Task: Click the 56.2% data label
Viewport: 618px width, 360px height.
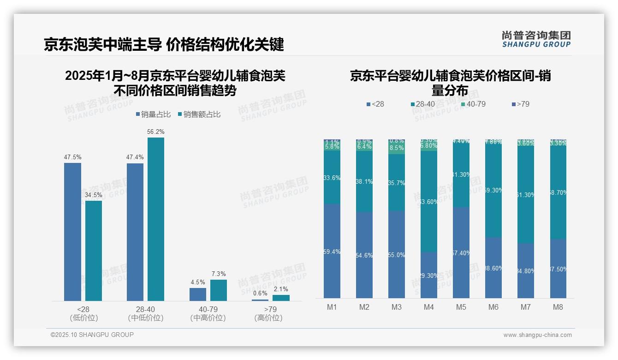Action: (156, 132)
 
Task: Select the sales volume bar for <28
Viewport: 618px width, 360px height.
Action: (72, 231)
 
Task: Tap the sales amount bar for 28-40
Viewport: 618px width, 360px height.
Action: (156, 219)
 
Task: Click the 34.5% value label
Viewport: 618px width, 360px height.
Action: (94, 195)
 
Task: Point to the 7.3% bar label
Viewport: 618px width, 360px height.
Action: (219, 274)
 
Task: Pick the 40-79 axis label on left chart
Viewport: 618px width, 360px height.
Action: (208, 309)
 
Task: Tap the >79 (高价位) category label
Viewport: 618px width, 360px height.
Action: (270, 313)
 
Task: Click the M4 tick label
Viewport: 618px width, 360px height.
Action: (428, 307)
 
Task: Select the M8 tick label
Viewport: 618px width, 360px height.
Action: (558, 307)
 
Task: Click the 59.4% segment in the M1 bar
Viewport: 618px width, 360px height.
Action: (332, 252)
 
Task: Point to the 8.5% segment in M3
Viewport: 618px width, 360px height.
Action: (396, 148)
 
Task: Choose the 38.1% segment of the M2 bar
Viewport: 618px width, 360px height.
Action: (364, 181)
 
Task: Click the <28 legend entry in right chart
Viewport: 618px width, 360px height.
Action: (375, 104)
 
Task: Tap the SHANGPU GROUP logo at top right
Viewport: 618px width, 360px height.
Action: (536, 39)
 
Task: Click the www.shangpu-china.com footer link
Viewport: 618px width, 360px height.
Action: (537, 335)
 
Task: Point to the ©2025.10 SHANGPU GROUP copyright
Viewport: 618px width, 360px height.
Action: (92, 335)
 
